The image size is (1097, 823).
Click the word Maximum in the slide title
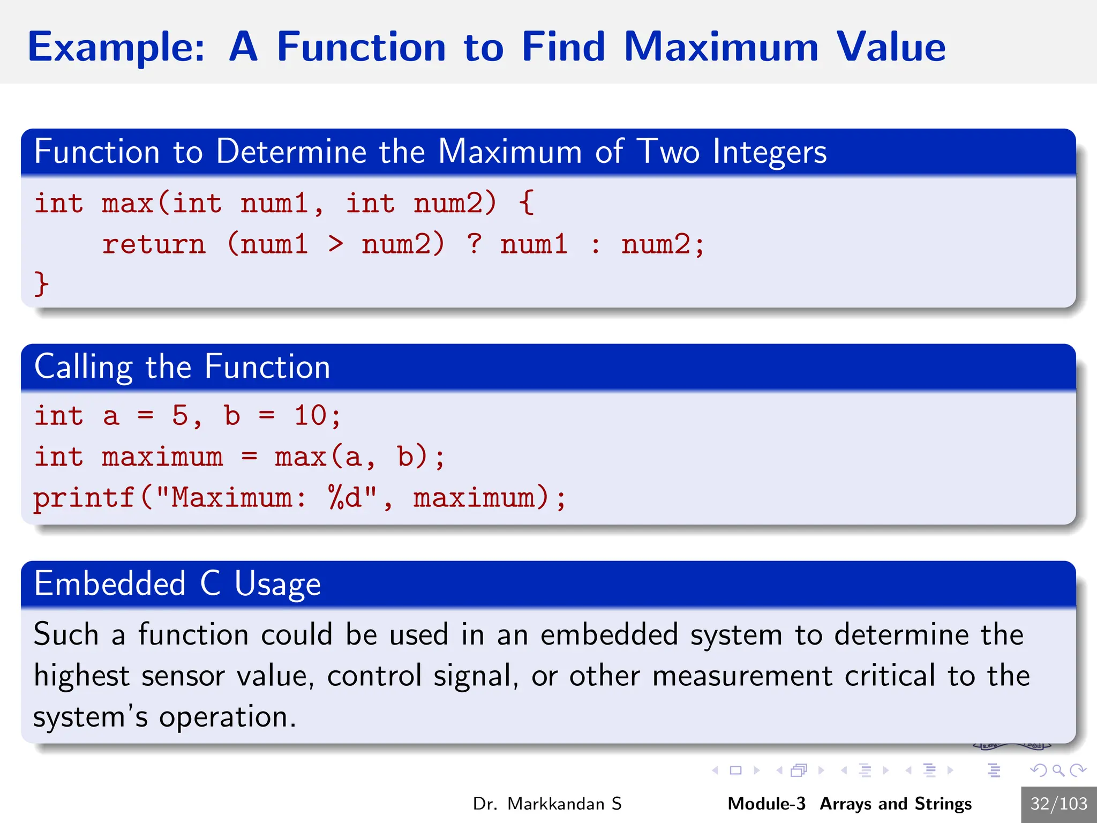point(721,47)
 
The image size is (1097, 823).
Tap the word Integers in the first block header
point(770,152)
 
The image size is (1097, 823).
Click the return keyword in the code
point(154,244)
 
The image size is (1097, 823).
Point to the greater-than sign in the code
point(335,244)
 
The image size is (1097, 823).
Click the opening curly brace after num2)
point(527,203)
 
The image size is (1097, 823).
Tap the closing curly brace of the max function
point(41,283)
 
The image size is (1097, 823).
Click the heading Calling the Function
point(182,367)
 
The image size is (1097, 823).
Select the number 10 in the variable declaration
point(310,415)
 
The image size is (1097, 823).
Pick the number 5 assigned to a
point(180,415)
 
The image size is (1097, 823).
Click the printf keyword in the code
point(84,498)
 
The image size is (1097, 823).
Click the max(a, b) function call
point(352,457)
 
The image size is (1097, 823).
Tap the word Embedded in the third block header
point(110,583)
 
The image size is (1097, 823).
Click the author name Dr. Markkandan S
point(547,804)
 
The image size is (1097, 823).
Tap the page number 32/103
point(1058,804)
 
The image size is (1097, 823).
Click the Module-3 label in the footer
point(766,804)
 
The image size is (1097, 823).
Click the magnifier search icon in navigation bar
point(1058,770)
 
